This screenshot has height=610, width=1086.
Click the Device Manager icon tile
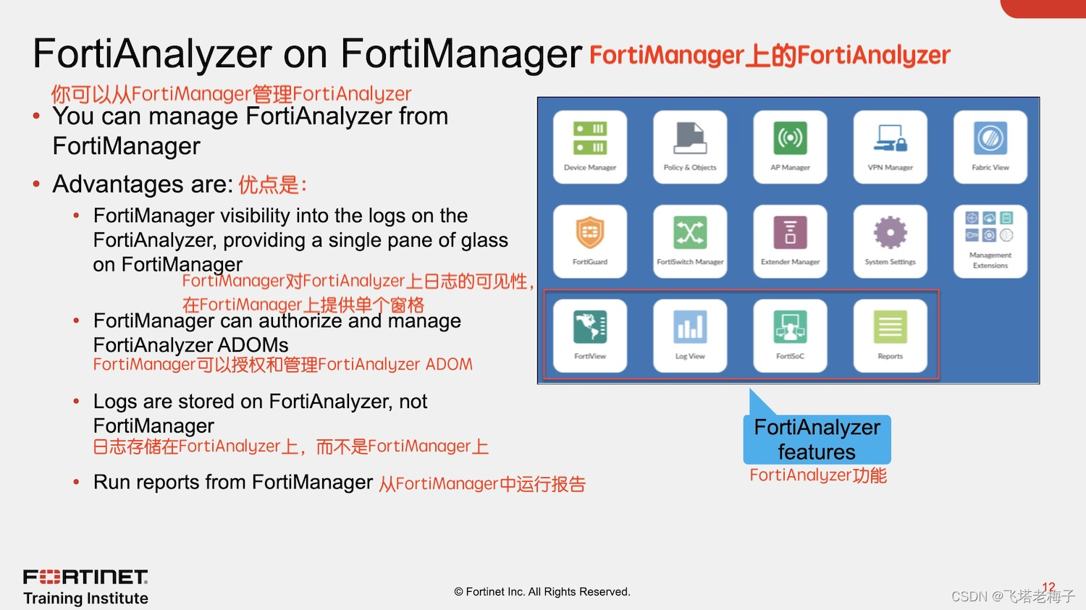[589, 147]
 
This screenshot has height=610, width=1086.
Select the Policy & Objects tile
[689, 147]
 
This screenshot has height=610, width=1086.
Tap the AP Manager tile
[790, 147]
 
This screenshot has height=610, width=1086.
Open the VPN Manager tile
[890, 147]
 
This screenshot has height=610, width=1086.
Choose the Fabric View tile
[990, 147]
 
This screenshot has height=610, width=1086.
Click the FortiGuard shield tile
[589, 241]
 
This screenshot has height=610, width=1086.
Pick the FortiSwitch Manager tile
[689, 241]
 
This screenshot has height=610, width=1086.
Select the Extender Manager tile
[790, 241]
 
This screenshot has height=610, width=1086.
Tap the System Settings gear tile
[890, 241]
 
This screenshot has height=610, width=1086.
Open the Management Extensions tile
[990, 241]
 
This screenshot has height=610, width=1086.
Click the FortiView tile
[589, 336]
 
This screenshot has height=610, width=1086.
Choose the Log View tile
[689, 336]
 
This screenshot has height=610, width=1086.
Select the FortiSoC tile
[790, 336]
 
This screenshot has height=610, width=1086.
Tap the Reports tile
[890, 336]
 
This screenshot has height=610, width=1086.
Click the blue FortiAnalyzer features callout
[817, 439]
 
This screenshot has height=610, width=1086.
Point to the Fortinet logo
[85, 577]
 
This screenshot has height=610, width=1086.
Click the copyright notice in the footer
[542, 592]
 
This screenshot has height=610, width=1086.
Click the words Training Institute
[85, 598]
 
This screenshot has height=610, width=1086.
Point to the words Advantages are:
[142, 185]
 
